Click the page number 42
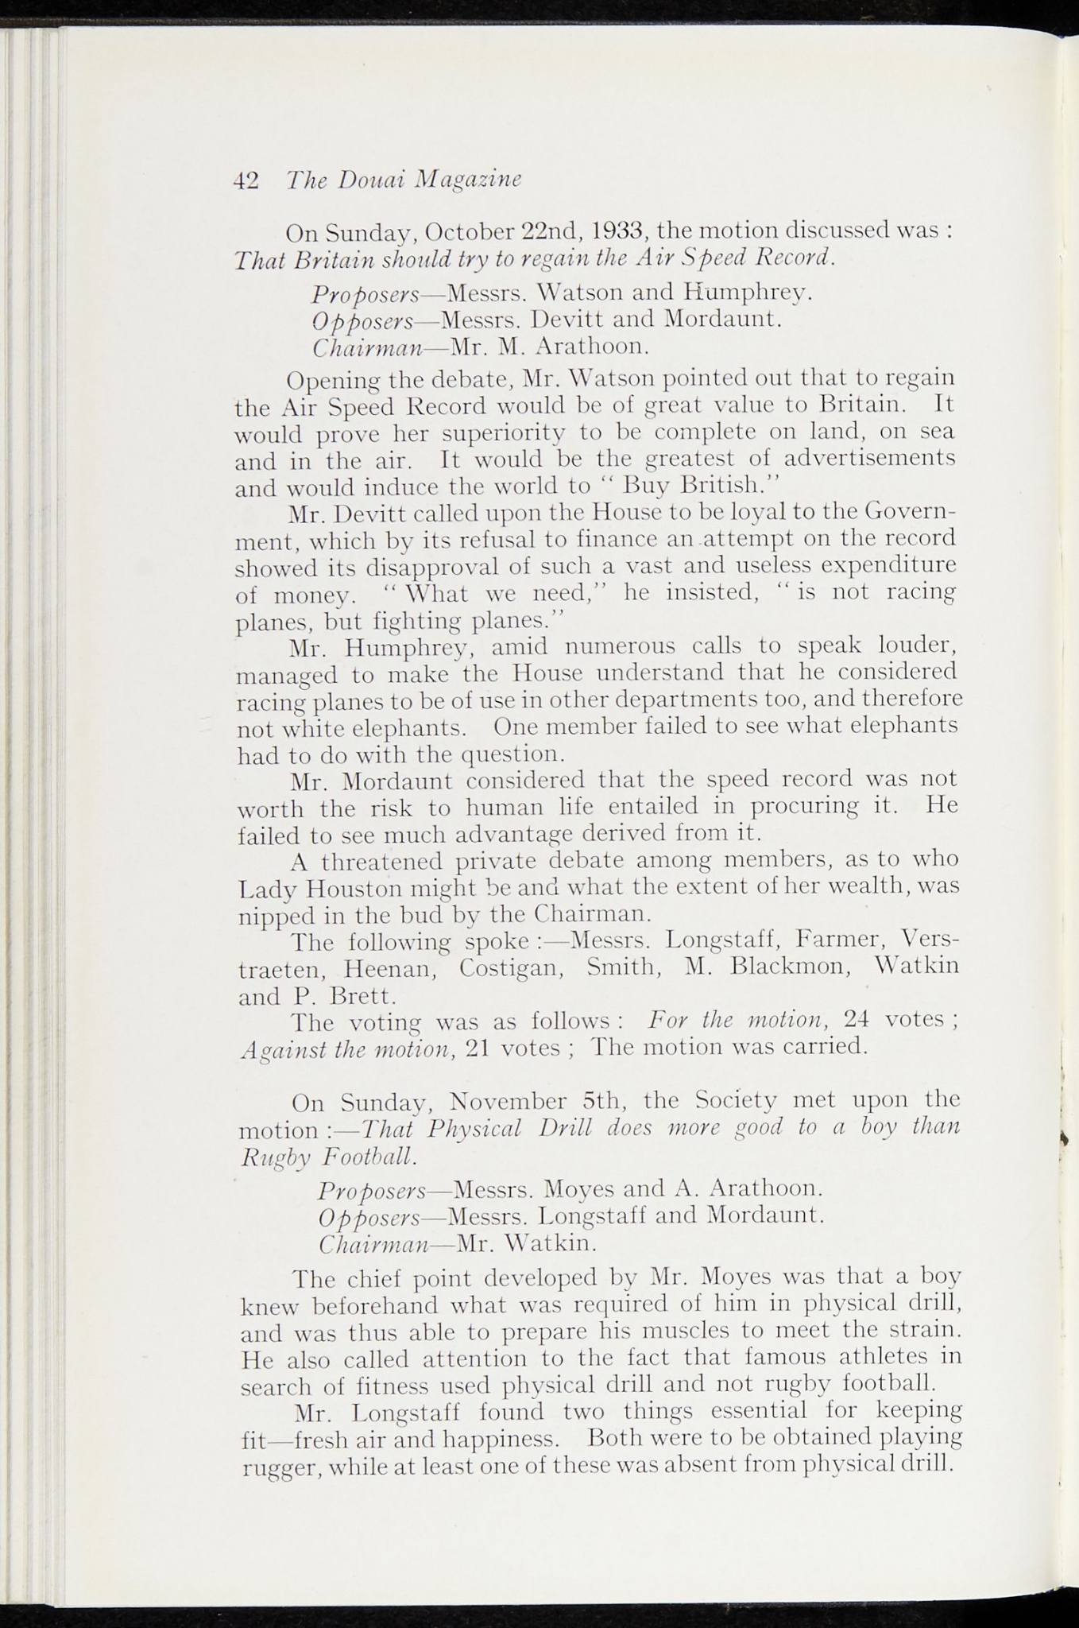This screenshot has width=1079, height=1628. click(246, 180)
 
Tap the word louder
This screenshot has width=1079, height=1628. click(910, 645)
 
